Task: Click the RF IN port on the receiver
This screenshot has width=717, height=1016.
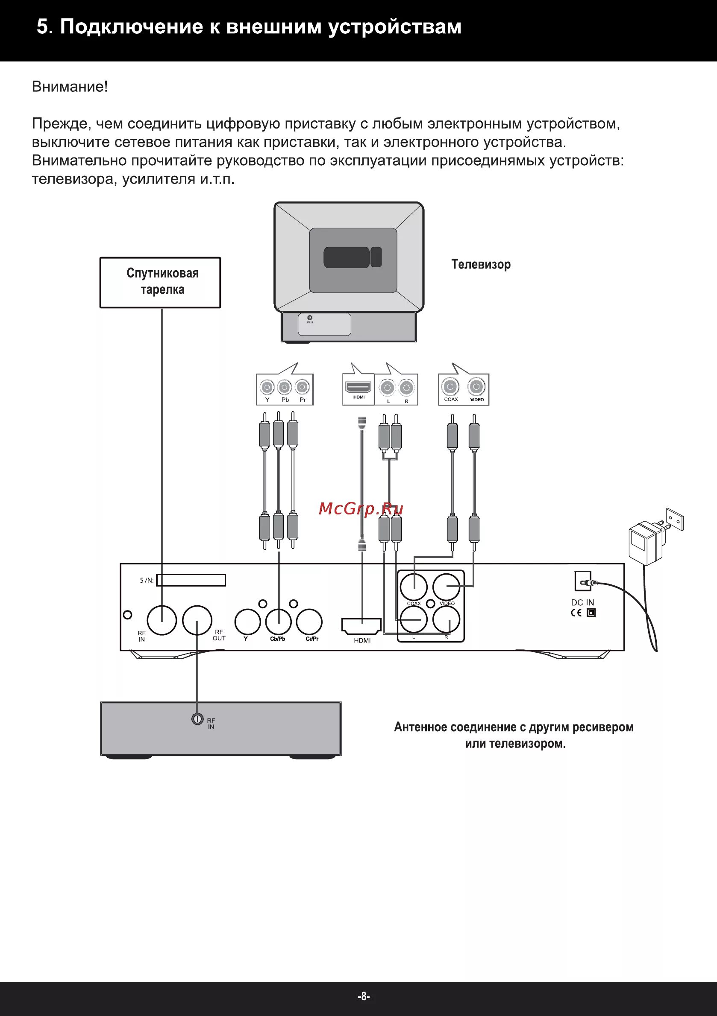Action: (x=162, y=620)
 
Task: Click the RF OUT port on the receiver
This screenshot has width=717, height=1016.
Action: (x=197, y=620)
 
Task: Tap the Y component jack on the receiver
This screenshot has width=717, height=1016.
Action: (x=247, y=621)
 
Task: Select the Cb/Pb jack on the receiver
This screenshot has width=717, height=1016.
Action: (x=278, y=621)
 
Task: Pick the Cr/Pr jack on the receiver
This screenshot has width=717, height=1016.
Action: (x=309, y=621)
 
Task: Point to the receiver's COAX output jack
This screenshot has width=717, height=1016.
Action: (x=414, y=587)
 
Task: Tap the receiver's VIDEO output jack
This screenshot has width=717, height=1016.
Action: (x=447, y=587)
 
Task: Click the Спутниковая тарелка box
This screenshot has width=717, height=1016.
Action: (x=160, y=282)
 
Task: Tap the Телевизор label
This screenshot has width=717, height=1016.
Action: (x=481, y=265)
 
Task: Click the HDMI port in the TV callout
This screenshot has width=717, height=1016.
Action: (x=358, y=388)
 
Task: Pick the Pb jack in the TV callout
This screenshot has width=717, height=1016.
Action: (x=284, y=388)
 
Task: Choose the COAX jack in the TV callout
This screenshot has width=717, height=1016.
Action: (x=450, y=387)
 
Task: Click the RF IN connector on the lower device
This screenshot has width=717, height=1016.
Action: (x=197, y=719)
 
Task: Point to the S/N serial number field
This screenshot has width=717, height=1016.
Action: (x=191, y=580)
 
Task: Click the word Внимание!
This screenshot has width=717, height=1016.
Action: (x=70, y=87)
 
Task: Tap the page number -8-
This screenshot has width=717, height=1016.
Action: (x=363, y=996)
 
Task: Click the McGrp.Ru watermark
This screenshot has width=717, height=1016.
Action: (x=361, y=509)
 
